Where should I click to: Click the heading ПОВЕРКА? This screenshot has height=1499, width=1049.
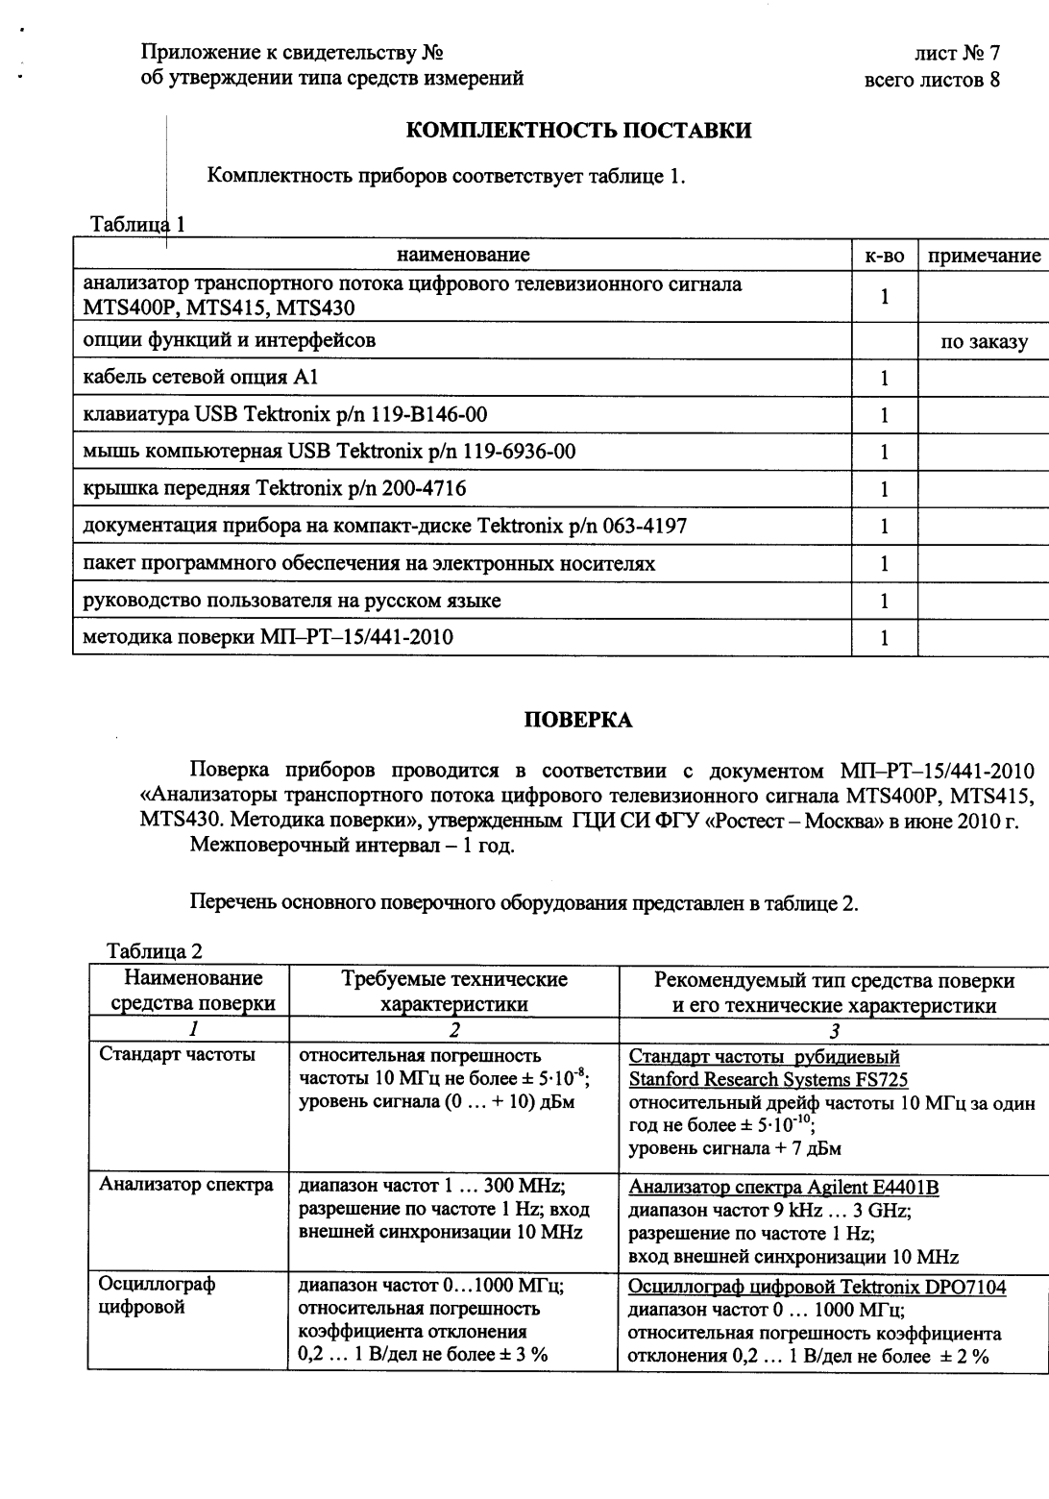coord(577,720)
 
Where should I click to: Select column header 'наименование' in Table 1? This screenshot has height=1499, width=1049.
coord(462,255)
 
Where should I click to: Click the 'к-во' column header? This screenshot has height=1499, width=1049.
coord(885,256)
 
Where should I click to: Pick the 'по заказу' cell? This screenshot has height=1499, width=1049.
coord(984,341)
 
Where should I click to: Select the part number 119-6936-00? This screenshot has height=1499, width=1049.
coord(519,452)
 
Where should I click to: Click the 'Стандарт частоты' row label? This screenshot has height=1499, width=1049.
coord(178,1054)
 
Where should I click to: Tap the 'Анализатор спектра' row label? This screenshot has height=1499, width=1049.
coord(186,1185)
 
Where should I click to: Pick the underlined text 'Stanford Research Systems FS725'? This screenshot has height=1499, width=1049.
coord(768,1079)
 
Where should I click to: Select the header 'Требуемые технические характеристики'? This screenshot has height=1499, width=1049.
coord(454,992)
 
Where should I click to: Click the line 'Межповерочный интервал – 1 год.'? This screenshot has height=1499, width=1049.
coord(353,846)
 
